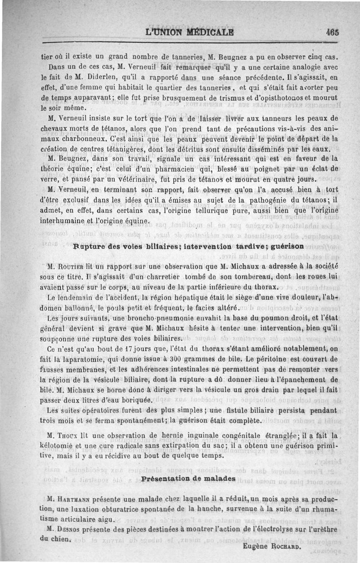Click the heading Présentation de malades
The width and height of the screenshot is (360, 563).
[x=188, y=478]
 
